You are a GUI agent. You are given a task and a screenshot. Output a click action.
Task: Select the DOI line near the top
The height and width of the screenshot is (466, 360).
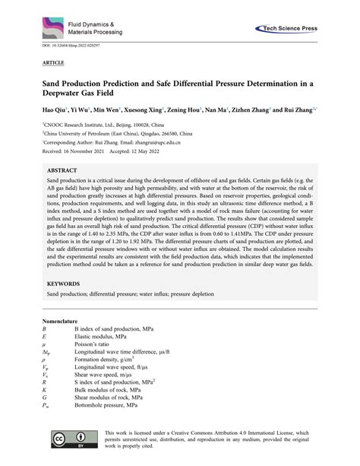click(x=68, y=51)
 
